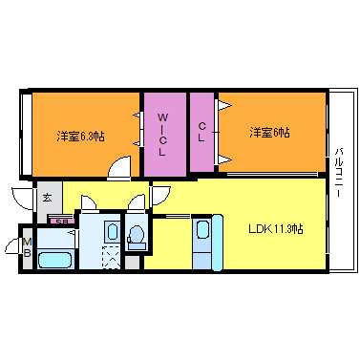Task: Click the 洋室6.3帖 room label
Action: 80,135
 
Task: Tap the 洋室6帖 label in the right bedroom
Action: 270,133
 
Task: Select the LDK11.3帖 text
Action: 276,228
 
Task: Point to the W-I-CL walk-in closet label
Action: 162,135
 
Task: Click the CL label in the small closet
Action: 201,133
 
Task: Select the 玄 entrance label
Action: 48,197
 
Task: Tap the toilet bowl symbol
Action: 137,235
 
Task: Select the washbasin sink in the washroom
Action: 109,232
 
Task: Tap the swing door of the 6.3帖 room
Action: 117,169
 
